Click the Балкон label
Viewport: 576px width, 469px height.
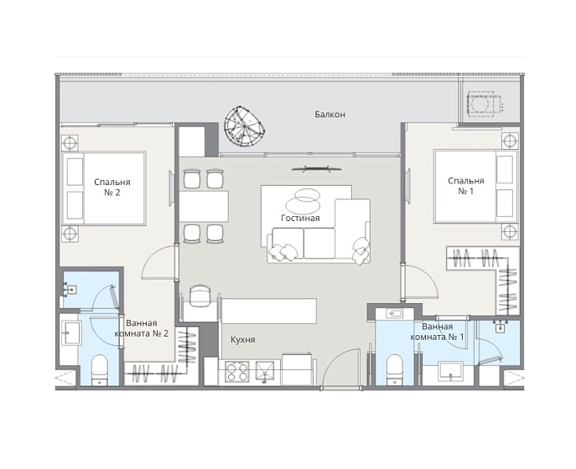pos(330,115)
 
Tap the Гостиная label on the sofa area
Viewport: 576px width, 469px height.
pos(300,218)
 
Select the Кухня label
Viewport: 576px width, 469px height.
pos(243,339)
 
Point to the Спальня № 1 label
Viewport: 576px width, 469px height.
pos(466,186)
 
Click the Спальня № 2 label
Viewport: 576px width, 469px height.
pos(112,187)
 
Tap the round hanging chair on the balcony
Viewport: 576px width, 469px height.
pos(243,126)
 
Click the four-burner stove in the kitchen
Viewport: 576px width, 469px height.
pos(237,372)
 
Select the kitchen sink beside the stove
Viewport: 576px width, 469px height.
pos(265,372)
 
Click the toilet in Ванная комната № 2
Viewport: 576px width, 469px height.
pos(100,370)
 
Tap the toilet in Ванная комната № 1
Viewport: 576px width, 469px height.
pos(395,369)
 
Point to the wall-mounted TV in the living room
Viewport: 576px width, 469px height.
pos(316,169)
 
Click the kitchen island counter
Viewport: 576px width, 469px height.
pos(269,311)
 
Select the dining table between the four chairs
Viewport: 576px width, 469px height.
pos(204,206)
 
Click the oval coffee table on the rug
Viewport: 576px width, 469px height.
pos(303,198)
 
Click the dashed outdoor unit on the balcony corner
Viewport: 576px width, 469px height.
pos(484,103)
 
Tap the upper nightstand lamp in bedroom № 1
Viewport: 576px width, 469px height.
pos(510,141)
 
